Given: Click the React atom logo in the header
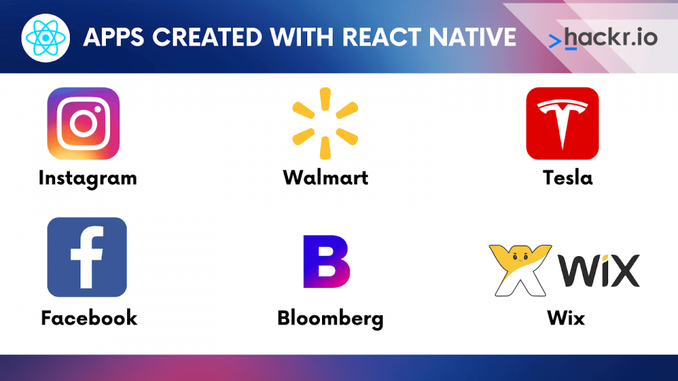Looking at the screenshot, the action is click(45, 38).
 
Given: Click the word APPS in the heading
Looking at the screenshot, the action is click(114, 37).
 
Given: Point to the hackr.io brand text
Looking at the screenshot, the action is click(611, 37).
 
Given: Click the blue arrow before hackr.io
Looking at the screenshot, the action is click(555, 42).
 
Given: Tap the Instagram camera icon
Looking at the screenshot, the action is click(83, 123).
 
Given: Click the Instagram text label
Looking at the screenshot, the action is click(88, 178).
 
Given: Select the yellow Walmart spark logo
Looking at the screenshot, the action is click(325, 123).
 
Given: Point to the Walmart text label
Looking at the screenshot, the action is click(326, 178).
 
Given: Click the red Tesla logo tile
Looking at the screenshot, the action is click(563, 123).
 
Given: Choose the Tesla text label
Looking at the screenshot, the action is click(567, 178).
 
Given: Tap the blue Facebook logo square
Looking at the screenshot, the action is click(87, 257).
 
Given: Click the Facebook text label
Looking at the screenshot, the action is click(89, 318).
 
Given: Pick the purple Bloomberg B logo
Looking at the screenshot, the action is click(326, 261).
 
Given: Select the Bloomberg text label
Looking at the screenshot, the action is click(331, 319).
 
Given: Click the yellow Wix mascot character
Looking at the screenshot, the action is click(521, 270).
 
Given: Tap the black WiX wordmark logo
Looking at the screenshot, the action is click(599, 270).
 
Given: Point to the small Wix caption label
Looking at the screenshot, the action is click(566, 318).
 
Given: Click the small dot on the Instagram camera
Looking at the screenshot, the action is click(97, 109).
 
